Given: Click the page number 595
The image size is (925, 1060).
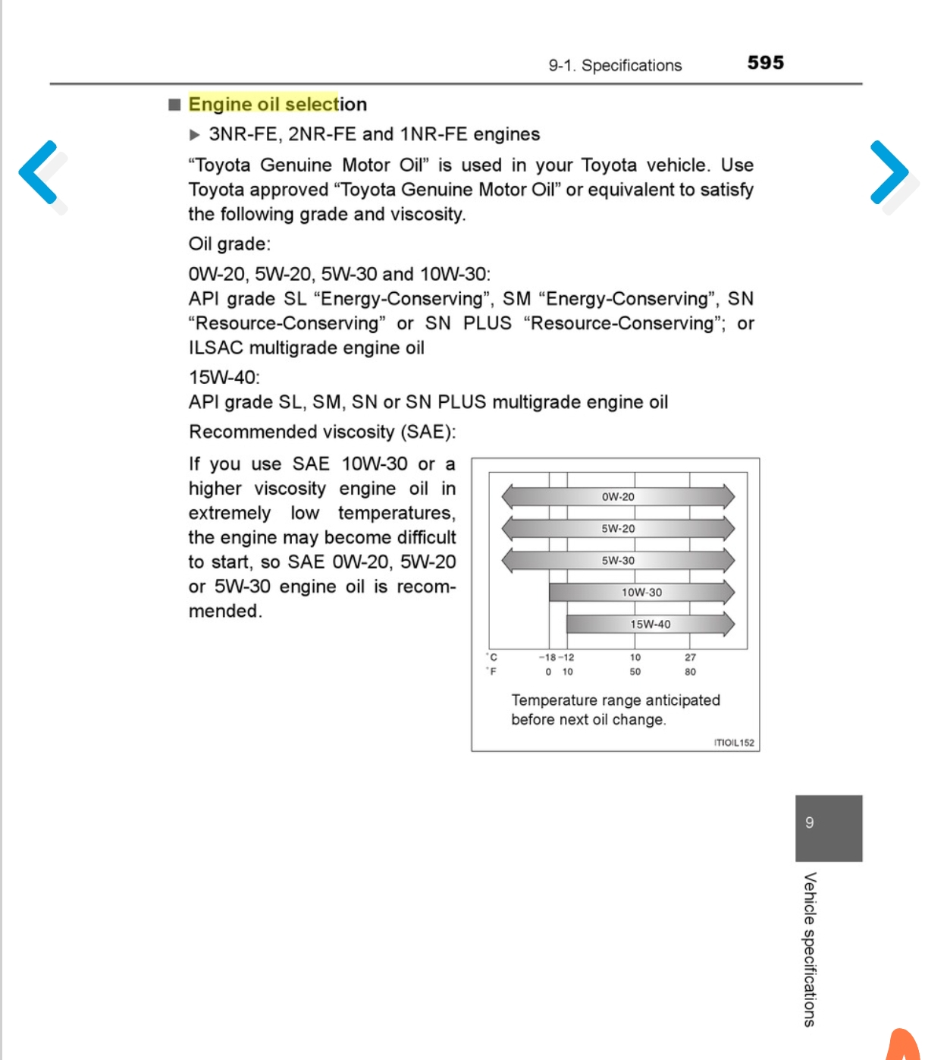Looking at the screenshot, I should tap(765, 63).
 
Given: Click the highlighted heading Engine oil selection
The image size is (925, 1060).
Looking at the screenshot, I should tap(277, 104).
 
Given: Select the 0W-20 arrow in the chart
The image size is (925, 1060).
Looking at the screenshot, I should tap(618, 497).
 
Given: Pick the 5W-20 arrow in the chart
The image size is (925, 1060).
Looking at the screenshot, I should tap(618, 529).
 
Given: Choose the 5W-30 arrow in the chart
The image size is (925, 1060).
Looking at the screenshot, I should tap(618, 561).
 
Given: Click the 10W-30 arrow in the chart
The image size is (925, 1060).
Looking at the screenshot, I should tap(641, 593).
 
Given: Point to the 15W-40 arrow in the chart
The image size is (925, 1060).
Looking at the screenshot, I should tap(650, 624).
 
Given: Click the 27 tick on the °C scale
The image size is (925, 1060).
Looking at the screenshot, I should tap(690, 658).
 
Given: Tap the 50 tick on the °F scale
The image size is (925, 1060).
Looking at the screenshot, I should tap(635, 672).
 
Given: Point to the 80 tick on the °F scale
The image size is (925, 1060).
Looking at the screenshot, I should tap(690, 672).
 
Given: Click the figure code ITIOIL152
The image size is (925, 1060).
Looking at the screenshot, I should tap(734, 743).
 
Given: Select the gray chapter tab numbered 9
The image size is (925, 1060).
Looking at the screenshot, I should tap(828, 827).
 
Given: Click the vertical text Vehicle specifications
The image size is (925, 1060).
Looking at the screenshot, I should tap(810, 948).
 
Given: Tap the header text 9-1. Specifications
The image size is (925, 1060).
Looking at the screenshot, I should tap(615, 65).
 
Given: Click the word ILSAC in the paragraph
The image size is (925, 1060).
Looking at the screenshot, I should tap(215, 348).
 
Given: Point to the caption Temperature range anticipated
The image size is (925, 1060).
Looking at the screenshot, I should tap(615, 700).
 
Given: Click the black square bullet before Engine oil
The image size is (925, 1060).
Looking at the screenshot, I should tap(175, 104).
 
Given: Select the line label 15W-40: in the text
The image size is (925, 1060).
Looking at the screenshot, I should tap(224, 377).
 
